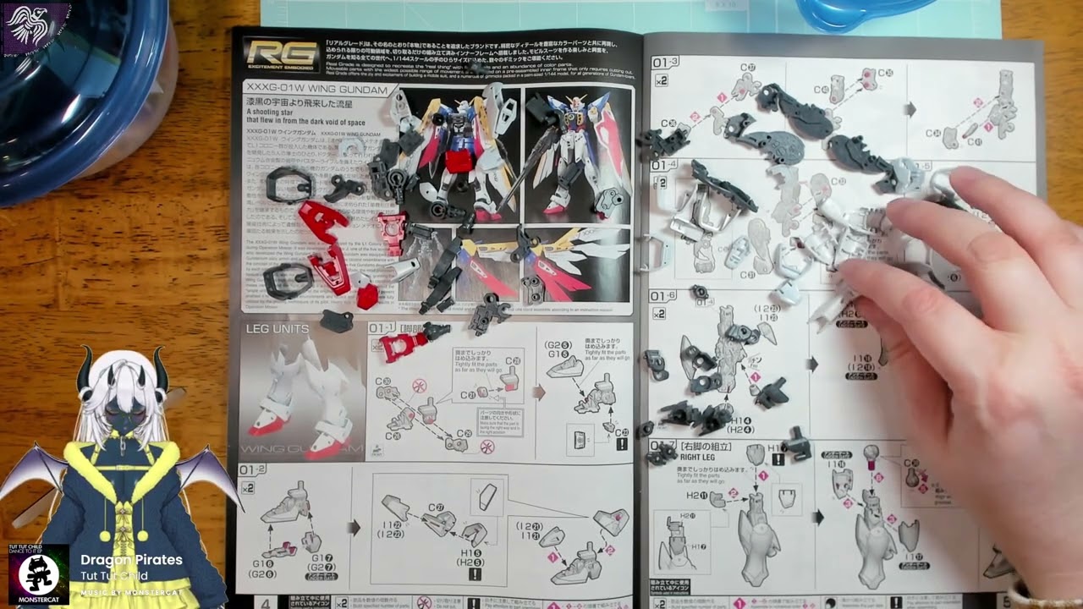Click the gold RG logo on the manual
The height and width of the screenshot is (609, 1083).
[x=270, y=54]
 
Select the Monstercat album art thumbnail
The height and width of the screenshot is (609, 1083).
[x=39, y=576]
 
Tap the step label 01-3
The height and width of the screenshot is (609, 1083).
[x=665, y=62]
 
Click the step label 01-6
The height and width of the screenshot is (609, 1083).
[x=663, y=295]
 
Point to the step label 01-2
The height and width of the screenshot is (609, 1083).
[x=252, y=469]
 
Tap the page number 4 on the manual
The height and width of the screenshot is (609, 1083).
[x=266, y=603]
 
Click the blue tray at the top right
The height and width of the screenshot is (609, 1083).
[x=863, y=13]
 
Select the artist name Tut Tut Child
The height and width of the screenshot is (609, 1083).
[x=114, y=576]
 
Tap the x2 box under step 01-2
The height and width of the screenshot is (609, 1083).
[x=248, y=488]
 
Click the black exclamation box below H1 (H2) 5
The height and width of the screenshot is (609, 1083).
[x=475, y=574]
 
